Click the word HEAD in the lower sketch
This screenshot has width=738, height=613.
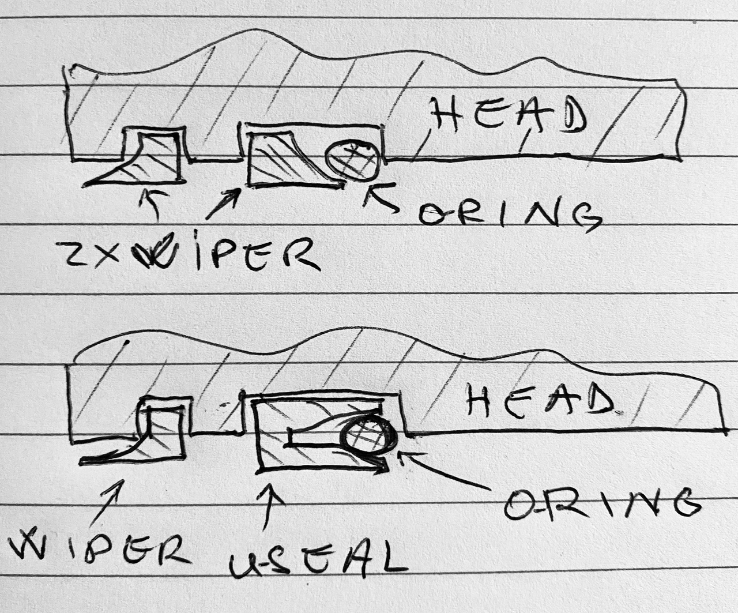click(x=539, y=400)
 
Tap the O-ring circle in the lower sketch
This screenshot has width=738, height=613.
click(x=367, y=435)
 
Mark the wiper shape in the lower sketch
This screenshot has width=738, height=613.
click(x=156, y=435)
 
